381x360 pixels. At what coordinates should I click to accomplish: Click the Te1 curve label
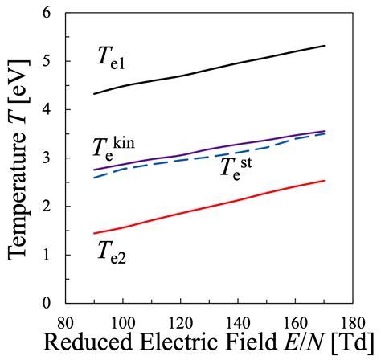113,57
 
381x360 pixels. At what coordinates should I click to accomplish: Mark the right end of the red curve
324,180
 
